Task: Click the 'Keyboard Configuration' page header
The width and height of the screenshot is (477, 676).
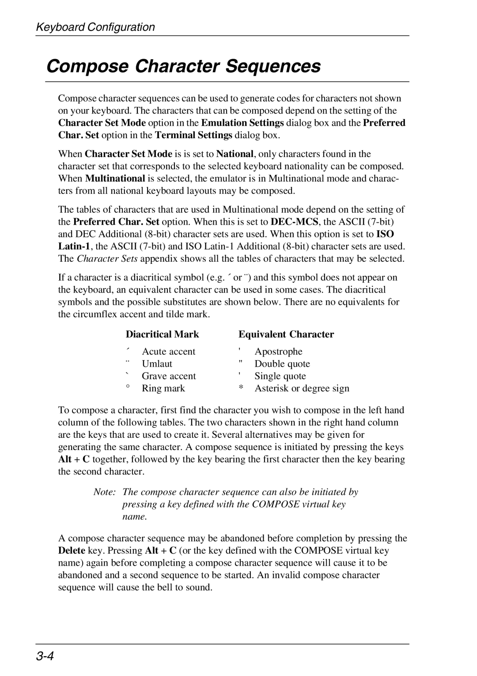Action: click(x=95, y=27)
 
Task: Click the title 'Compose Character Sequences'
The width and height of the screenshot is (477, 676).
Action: click(x=183, y=66)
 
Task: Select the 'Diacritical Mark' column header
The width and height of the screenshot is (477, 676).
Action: click(x=162, y=334)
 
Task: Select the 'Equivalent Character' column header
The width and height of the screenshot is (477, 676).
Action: click(x=286, y=334)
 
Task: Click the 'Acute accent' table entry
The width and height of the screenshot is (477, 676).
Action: click(x=168, y=352)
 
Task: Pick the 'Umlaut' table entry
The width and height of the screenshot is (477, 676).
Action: click(x=157, y=364)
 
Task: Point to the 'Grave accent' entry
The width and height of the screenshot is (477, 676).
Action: click(x=169, y=376)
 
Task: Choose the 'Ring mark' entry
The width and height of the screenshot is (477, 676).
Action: click(x=163, y=389)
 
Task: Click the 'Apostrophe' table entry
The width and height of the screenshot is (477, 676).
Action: click(x=278, y=352)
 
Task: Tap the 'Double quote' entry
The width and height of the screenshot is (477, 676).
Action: click(x=282, y=364)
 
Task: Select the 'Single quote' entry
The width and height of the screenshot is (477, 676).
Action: click(x=280, y=376)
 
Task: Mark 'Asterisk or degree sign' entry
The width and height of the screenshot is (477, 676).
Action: click(x=302, y=389)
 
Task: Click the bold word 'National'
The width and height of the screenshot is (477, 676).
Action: click(x=234, y=154)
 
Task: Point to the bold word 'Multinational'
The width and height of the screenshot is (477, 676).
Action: click(x=115, y=179)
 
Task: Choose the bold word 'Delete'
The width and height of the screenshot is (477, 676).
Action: click(x=72, y=551)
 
